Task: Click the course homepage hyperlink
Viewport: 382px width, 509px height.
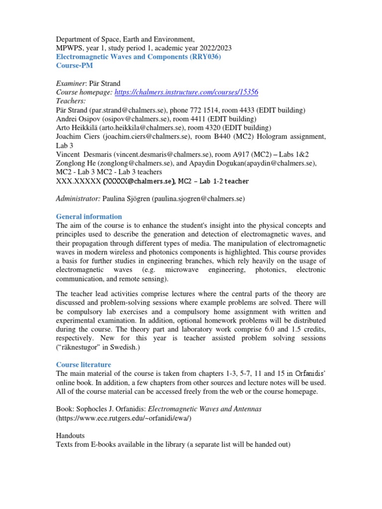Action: click(186, 92)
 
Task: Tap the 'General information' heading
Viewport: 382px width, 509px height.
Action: click(89, 216)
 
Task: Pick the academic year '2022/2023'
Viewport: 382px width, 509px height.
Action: click(211, 48)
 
